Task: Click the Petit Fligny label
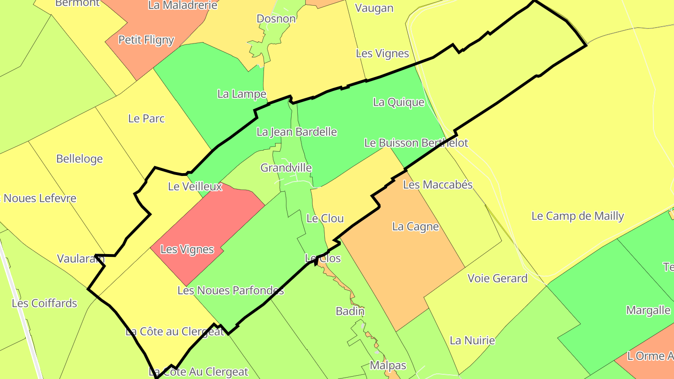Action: tap(146, 40)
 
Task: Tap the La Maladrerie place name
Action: tap(183, 5)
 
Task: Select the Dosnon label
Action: tap(276, 19)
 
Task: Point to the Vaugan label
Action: tap(374, 8)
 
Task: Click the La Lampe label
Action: tap(242, 94)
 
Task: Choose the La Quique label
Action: tap(398, 102)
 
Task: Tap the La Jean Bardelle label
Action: tap(297, 132)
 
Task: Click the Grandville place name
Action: tap(286, 168)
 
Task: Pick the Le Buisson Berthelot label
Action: tap(416, 143)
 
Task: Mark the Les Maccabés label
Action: tap(438, 185)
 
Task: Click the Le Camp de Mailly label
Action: tap(578, 216)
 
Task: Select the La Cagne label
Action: tap(415, 227)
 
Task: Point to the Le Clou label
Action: tap(325, 218)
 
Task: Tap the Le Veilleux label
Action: tap(195, 187)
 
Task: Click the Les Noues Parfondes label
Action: tap(230, 291)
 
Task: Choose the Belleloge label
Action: tap(79, 159)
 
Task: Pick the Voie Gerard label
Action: tap(497, 278)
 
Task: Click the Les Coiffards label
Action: tap(44, 303)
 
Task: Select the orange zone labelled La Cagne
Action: tap(403, 262)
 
